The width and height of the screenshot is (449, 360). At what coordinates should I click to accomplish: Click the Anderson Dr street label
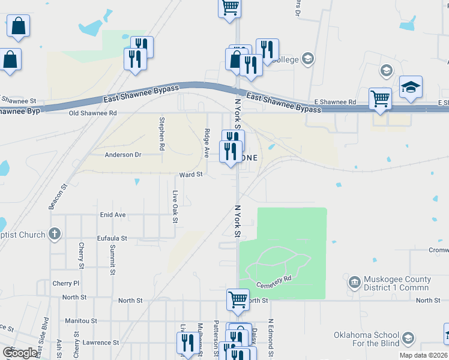122,155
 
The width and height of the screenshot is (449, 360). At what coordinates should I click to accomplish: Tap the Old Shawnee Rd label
92,113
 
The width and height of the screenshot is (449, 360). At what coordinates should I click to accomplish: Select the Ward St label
191,175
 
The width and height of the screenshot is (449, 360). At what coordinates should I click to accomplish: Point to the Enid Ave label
112,215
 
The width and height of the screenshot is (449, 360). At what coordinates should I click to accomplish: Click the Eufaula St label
112,238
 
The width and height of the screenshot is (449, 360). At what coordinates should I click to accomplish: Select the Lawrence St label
101,343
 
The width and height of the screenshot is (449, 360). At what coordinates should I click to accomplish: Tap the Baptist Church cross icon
55,234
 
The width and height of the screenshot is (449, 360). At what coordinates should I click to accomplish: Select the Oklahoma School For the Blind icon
409,338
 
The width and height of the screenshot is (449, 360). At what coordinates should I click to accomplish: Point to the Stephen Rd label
161,133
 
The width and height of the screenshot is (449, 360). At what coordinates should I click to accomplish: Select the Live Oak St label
175,206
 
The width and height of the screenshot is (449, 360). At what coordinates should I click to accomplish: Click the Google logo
20,353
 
